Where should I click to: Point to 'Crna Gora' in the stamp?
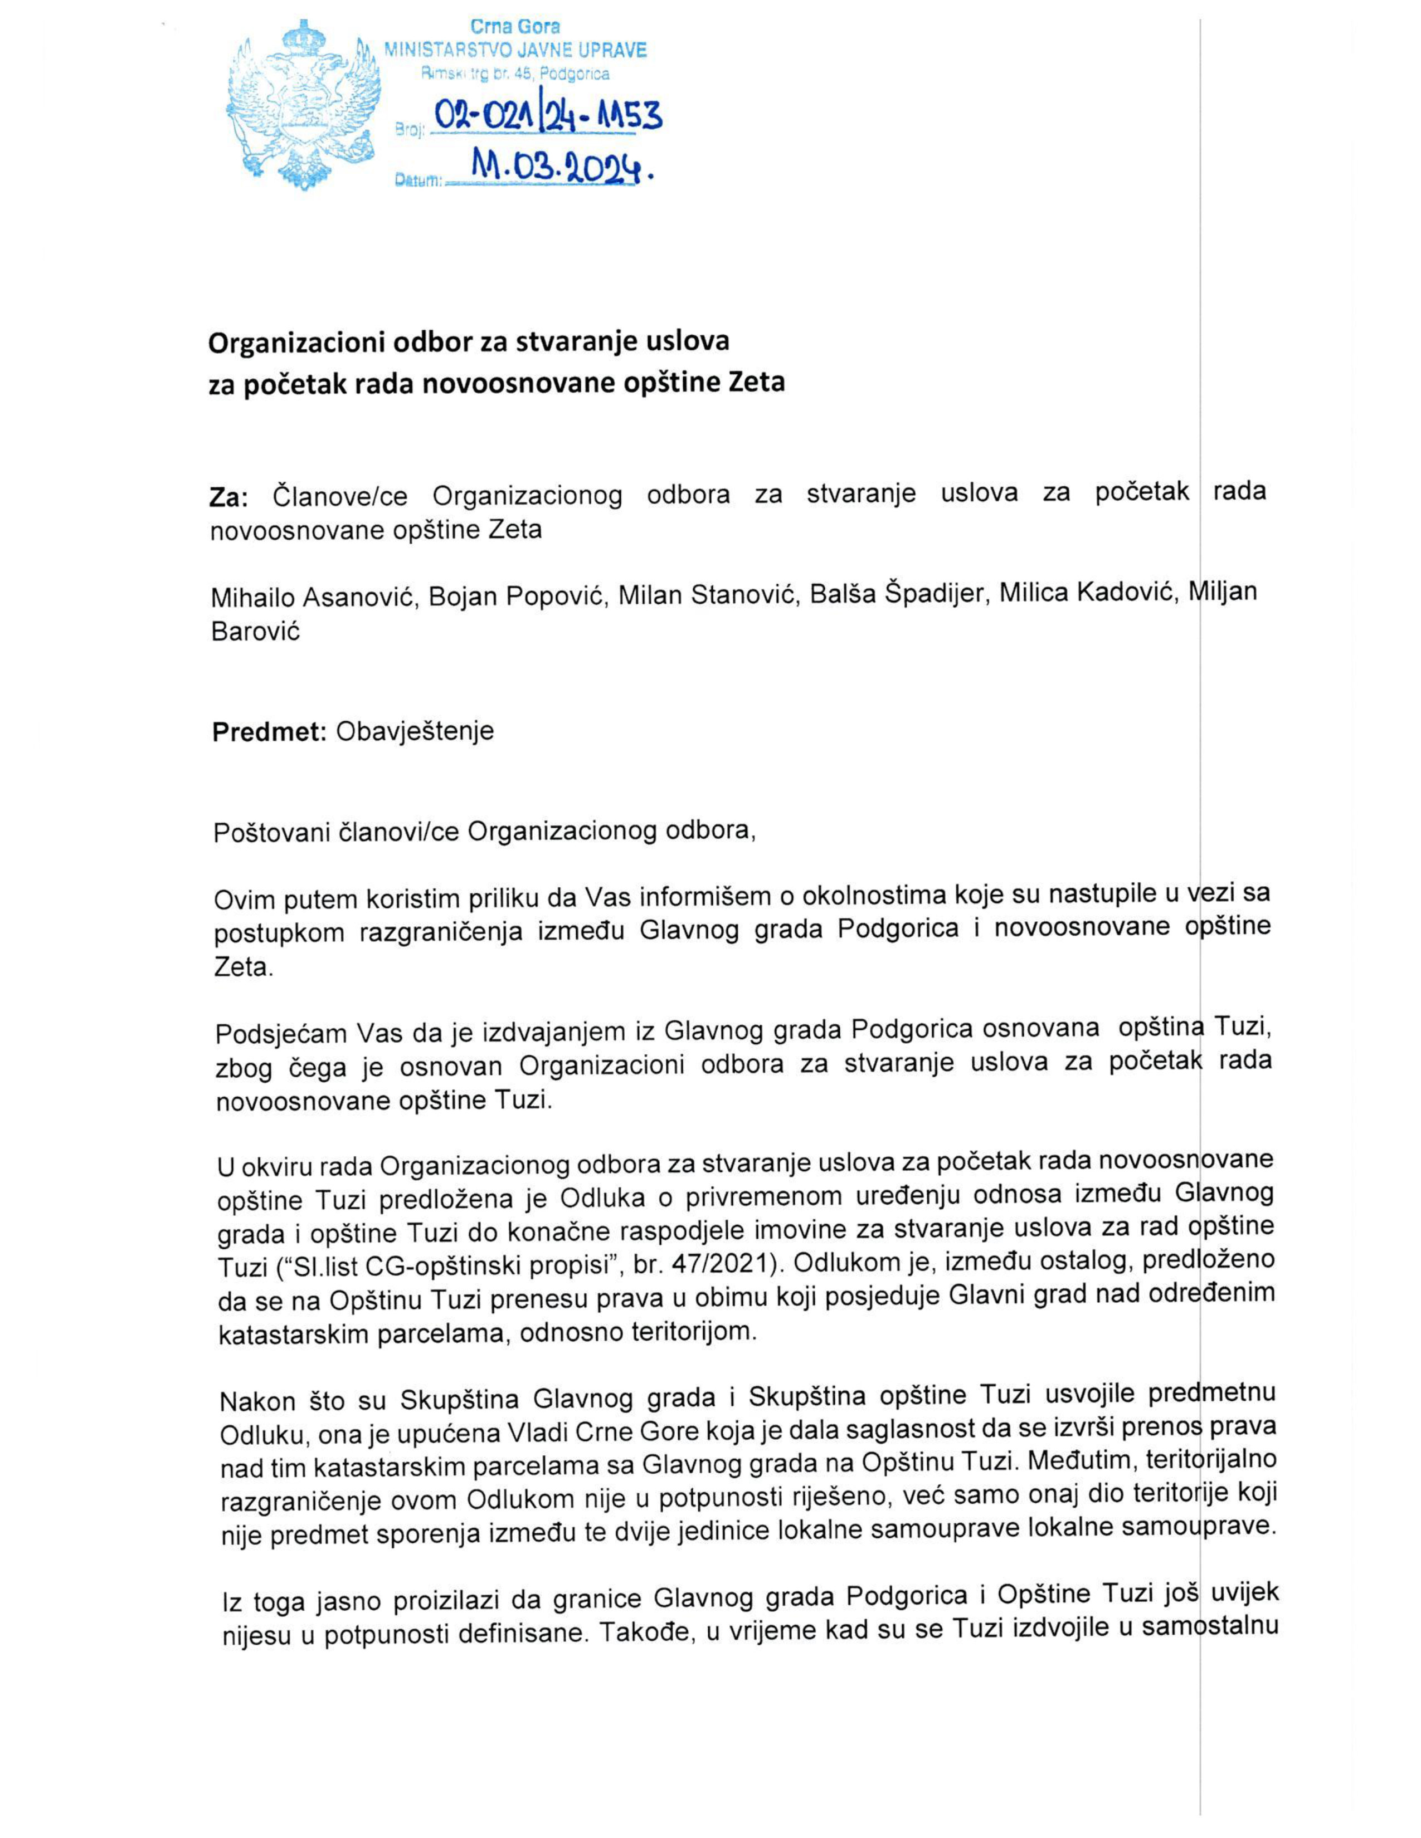point(515,27)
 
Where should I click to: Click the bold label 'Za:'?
point(228,497)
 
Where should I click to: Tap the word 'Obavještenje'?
point(415,731)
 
